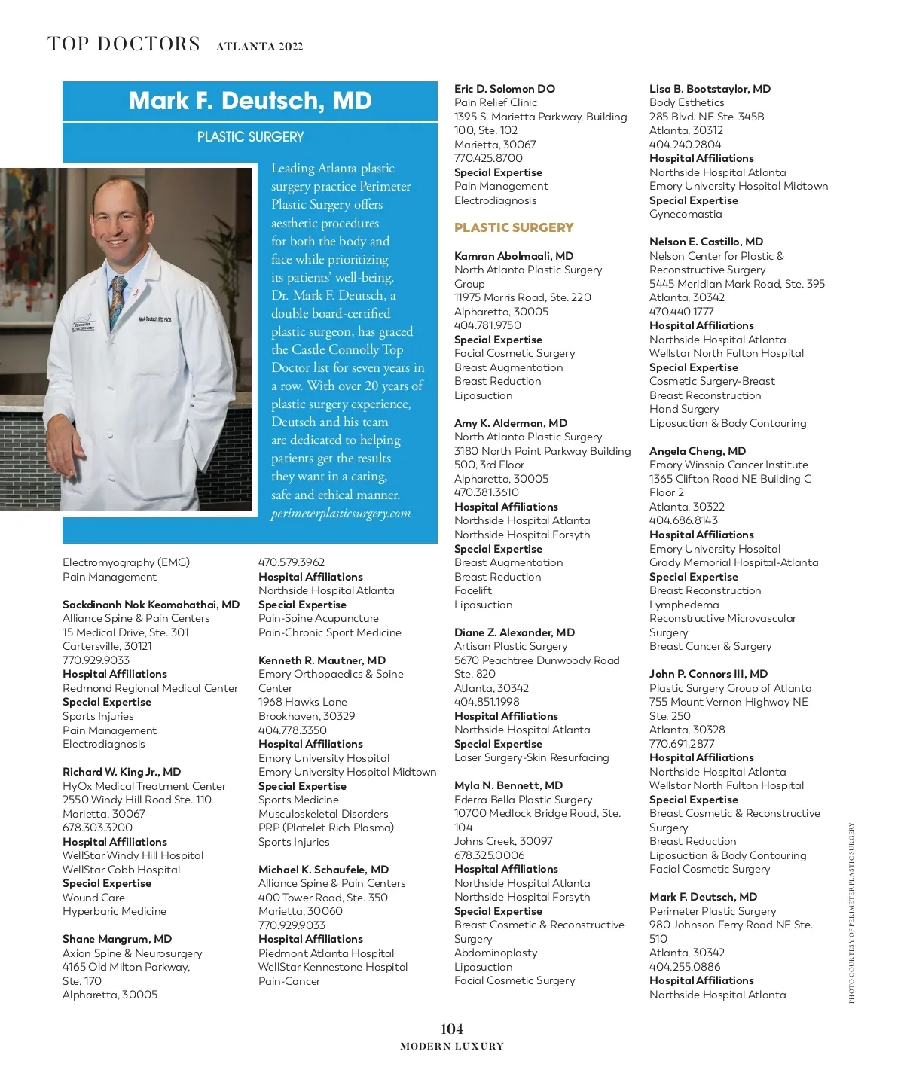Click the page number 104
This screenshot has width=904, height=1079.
click(451, 1029)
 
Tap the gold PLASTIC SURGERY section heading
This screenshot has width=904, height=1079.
click(514, 227)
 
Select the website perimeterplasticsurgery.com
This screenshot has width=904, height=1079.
click(341, 514)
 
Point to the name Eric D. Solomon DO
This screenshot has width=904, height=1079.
click(504, 89)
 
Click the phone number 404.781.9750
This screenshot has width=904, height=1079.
click(487, 325)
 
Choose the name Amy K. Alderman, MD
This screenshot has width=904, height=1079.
click(511, 423)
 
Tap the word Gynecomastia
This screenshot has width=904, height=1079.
click(686, 214)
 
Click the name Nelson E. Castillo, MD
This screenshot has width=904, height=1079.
click(706, 242)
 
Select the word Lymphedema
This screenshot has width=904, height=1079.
click(684, 605)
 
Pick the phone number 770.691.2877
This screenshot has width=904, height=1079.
click(682, 744)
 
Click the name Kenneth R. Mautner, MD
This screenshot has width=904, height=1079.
click(322, 660)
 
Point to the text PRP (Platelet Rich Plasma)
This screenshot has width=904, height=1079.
click(326, 828)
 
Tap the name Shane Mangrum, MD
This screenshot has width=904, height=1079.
click(117, 939)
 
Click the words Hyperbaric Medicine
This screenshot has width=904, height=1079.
click(115, 911)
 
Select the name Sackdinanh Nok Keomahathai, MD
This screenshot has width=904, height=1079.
click(151, 605)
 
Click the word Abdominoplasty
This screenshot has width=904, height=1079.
click(496, 953)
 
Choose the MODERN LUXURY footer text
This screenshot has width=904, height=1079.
click(451, 1047)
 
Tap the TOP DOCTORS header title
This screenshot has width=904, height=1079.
click(124, 44)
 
